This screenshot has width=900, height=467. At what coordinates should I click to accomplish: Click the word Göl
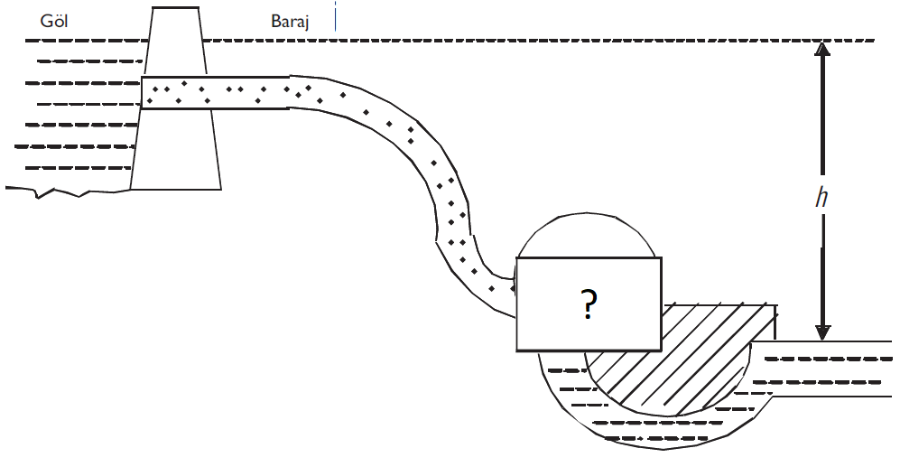click(x=54, y=20)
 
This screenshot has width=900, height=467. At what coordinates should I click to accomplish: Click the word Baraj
click(x=290, y=21)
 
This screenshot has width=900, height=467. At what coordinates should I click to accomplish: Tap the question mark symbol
click(x=589, y=306)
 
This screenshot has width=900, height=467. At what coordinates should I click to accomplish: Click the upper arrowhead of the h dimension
click(x=821, y=51)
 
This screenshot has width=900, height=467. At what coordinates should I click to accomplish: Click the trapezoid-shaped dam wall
click(x=176, y=145)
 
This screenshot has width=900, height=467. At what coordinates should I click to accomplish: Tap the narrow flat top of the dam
click(x=176, y=8)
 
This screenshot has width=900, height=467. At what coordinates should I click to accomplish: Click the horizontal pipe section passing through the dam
click(x=217, y=92)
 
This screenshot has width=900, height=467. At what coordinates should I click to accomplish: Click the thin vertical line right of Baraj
click(x=335, y=16)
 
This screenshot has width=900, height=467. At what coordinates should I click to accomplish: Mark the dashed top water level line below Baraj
click(x=542, y=41)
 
